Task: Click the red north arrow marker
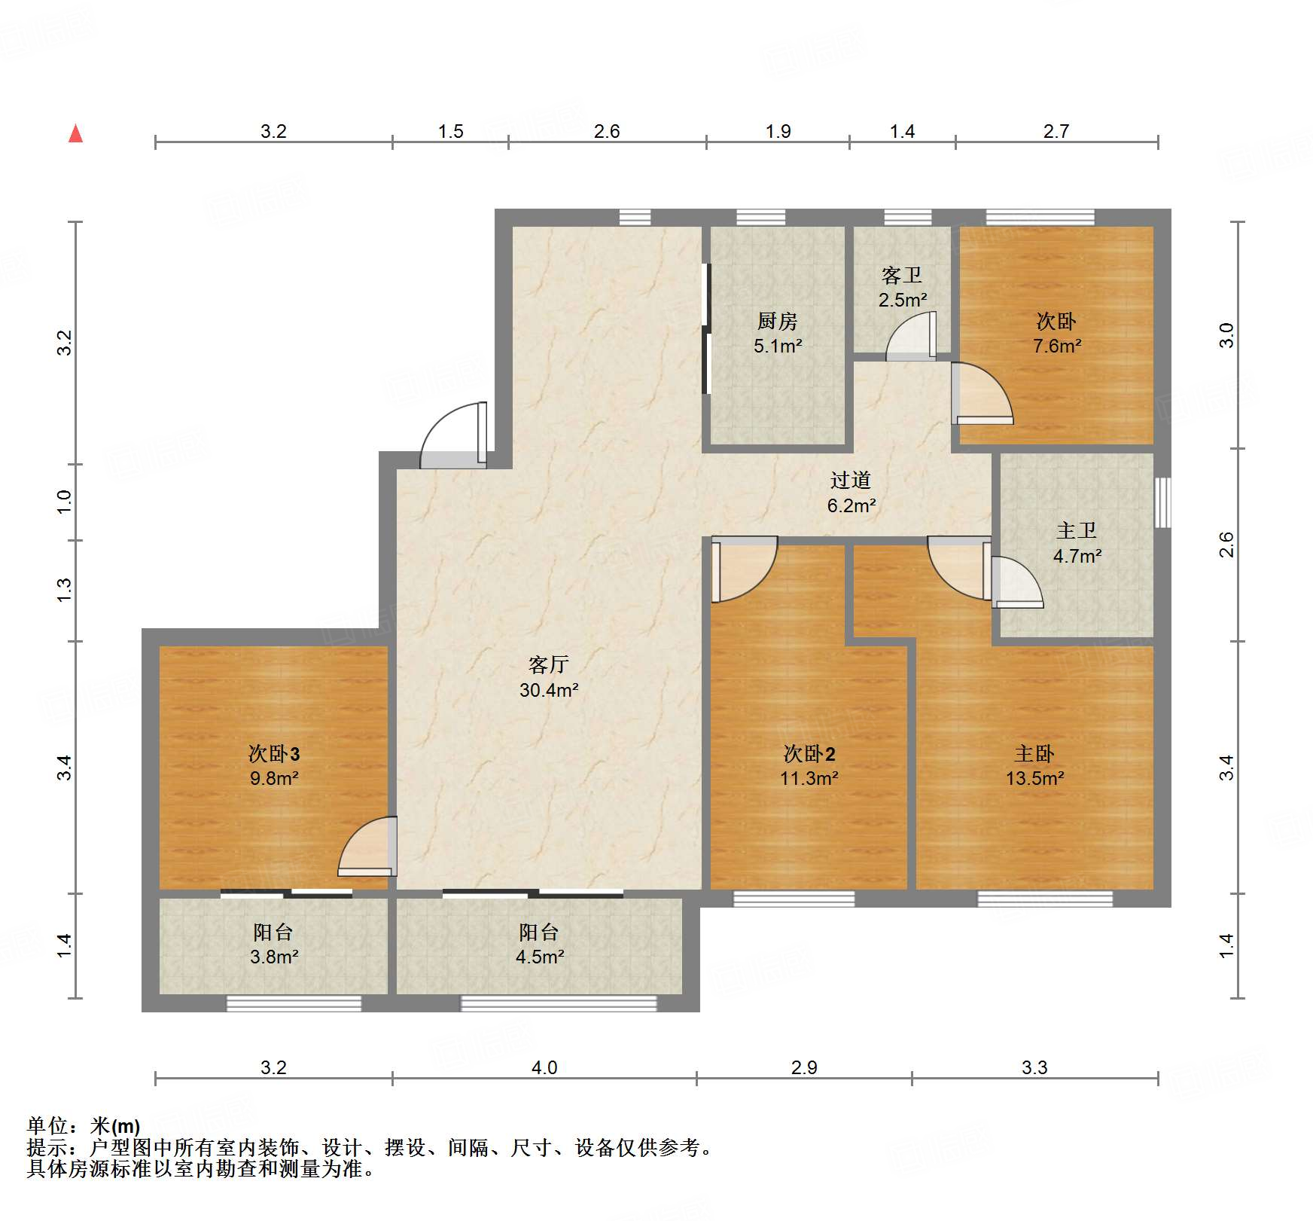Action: pyautogui.click(x=75, y=133)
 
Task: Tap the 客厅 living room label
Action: pyautogui.click(x=548, y=664)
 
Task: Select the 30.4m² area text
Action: pyautogui.click(x=548, y=690)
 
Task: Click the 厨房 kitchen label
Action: pyautogui.click(x=777, y=321)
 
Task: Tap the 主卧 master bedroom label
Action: pyautogui.click(x=1034, y=753)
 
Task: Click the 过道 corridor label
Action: pyautogui.click(x=851, y=480)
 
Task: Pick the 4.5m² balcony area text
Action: pyautogui.click(x=540, y=957)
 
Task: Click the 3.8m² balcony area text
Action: pyautogui.click(x=274, y=957)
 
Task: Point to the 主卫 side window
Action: pyautogui.click(x=1163, y=502)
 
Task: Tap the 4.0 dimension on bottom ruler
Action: pyautogui.click(x=544, y=1067)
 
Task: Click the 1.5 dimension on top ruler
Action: pyautogui.click(x=450, y=131)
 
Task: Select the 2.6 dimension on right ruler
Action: pyautogui.click(x=1226, y=545)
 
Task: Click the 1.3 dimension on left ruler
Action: pyautogui.click(x=65, y=589)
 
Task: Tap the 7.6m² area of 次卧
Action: pyautogui.click(x=1057, y=346)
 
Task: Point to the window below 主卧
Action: pyautogui.click(x=1045, y=899)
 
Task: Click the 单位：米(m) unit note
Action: pyautogui.click(x=84, y=1126)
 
